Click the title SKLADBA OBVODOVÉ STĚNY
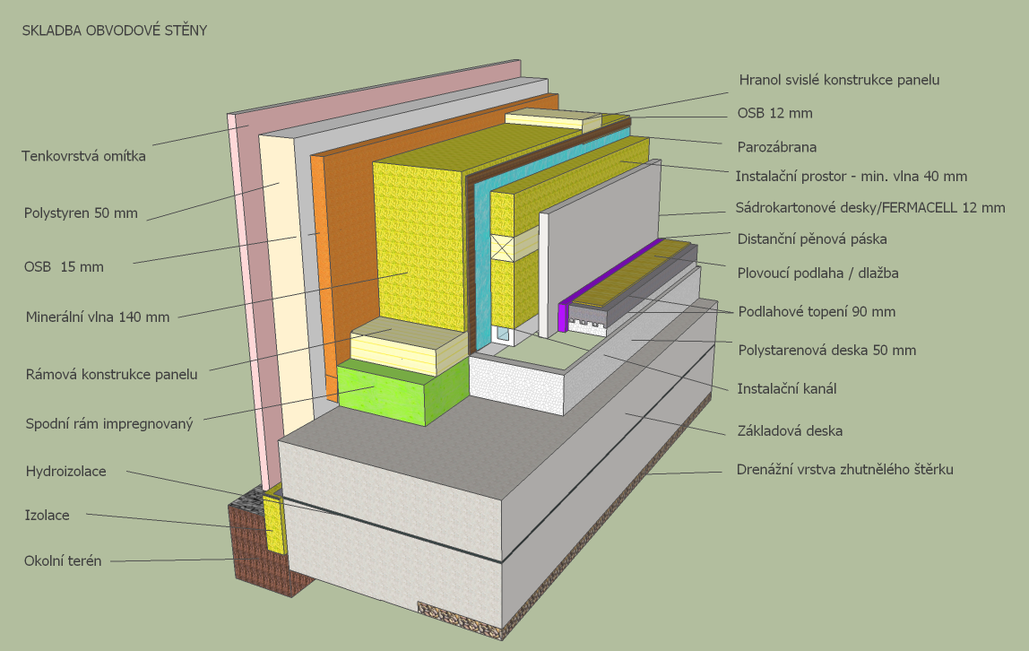[115, 30]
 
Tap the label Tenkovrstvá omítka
[83, 156]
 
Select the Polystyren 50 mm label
[80, 213]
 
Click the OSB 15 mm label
[64, 267]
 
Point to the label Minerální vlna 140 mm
[97, 316]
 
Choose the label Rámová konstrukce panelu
[112, 375]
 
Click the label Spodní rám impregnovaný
[109, 423]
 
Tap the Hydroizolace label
[65, 470]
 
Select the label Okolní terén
[63, 561]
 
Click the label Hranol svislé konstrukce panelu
[839, 80]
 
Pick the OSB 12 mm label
[775, 113]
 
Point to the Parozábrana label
[777, 146]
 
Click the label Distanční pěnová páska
[812, 239]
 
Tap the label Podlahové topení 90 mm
[817, 312]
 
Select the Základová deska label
[789, 431]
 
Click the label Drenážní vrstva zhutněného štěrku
[844, 469]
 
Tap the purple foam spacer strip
[564, 316]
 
